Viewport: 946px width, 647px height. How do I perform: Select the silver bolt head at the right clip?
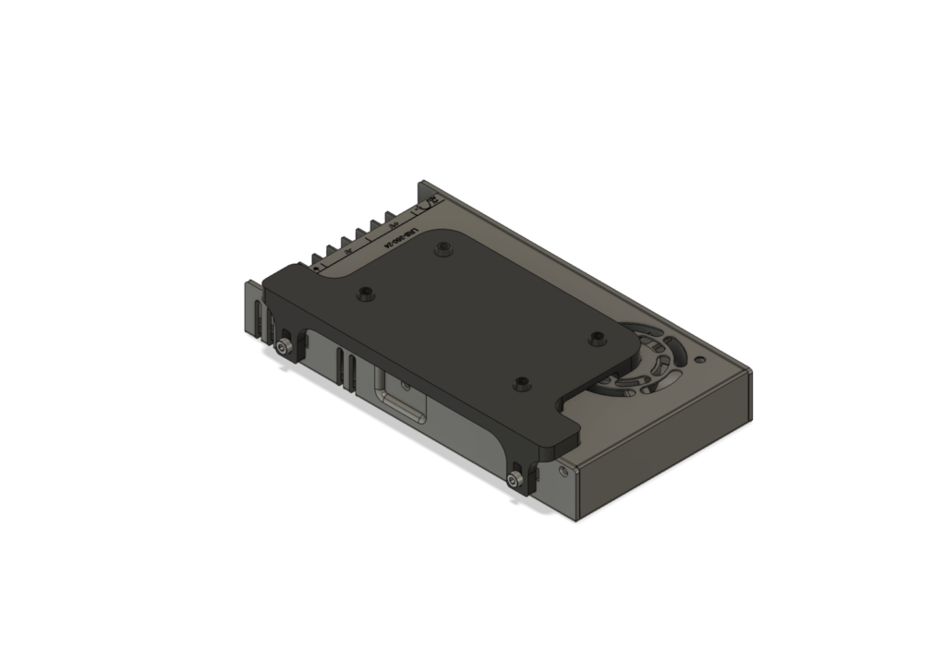515,479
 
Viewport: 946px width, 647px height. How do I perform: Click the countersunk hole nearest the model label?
443,247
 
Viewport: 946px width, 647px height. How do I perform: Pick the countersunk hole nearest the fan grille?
597,338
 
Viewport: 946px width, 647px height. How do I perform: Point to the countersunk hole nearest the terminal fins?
367,294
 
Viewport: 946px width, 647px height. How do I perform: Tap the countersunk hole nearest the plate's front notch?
523,382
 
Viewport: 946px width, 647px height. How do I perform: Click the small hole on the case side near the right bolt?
564,469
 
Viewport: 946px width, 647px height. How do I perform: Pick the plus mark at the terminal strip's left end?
316,267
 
